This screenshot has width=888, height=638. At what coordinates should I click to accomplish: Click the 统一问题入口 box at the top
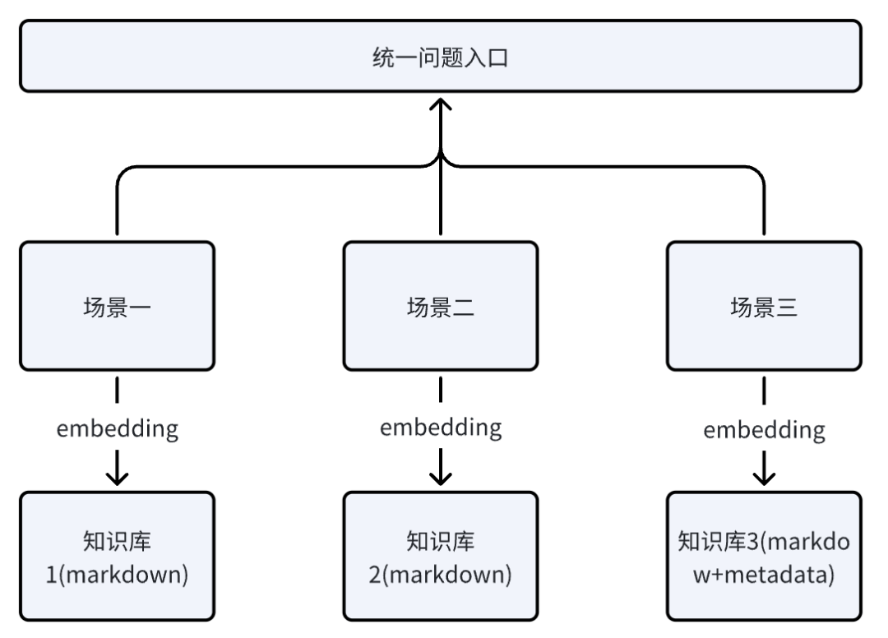[x=441, y=57]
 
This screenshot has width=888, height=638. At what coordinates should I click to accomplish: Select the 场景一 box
[x=118, y=307]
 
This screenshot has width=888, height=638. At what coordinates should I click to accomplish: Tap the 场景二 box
[x=441, y=307]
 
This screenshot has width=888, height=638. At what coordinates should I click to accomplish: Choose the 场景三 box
[x=764, y=307]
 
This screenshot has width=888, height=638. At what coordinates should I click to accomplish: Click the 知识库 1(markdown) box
[x=118, y=556]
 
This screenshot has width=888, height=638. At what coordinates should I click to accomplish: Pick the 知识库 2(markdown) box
[x=441, y=556]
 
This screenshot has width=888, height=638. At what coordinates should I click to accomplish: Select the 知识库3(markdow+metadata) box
[x=764, y=556]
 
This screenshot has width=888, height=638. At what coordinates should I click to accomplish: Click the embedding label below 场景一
[x=118, y=429]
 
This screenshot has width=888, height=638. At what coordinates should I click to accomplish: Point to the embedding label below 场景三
[x=764, y=429]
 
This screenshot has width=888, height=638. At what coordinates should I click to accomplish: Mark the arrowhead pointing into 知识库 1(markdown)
[x=118, y=477]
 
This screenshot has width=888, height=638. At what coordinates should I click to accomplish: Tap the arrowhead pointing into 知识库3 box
[x=765, y=477]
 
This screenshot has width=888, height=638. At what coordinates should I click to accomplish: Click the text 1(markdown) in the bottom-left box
[x=118, y=573]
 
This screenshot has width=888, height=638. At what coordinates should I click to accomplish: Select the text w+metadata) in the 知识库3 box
[x=764, y=573]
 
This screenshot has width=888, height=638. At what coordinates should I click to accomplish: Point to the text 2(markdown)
[x=441, y=573]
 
